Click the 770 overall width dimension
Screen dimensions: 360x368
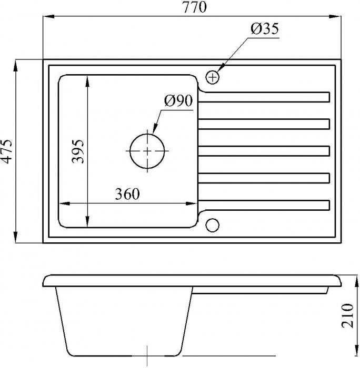pos(195,7)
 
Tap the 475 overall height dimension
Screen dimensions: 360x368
pos(6,151)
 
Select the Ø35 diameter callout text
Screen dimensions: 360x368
pos(265,28)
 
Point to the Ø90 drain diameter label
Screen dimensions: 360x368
pos(178,100)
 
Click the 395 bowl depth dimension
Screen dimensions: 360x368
pos(78,151)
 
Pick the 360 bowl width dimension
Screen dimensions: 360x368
pos(127,194)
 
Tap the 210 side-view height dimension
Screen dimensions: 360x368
pos(347,315)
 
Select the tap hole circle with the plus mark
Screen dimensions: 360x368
pos(213,77)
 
